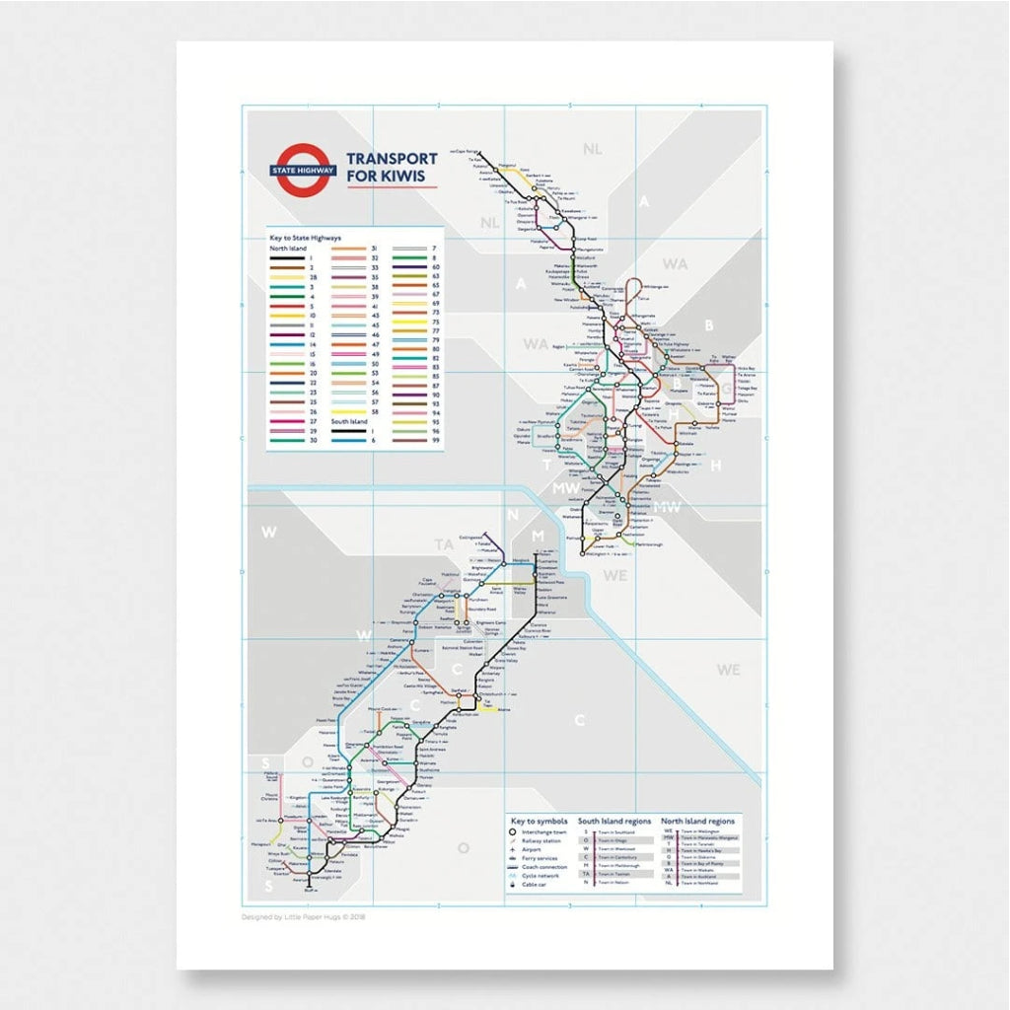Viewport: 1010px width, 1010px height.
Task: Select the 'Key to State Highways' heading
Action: pos(306,238)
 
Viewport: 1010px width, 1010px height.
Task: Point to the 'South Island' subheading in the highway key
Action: pos(348,421)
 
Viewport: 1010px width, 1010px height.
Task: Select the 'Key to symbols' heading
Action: pos(538,821)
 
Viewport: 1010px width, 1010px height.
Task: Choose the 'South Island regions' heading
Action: pos(614,821)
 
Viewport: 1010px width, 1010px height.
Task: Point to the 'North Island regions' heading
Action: pos(698,821)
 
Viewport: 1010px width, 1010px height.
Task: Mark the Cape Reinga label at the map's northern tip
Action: pos(467,151)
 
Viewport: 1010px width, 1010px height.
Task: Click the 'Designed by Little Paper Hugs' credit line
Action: pos(303,916)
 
